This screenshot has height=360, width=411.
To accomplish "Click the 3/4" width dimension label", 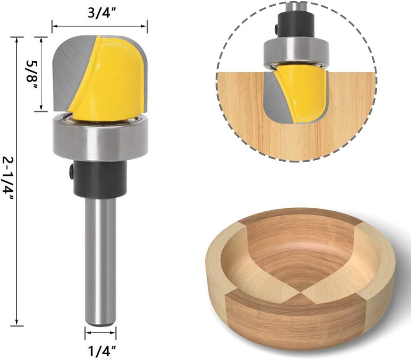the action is [102, 12].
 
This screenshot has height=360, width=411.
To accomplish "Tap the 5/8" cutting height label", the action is [31, 71].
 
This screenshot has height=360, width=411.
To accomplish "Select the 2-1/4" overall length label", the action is [8, 179].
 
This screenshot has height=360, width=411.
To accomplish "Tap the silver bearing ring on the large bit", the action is [101, 139].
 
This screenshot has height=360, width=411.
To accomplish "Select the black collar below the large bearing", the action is [100, 179].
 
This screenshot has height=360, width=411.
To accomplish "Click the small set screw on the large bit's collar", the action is [71, 171].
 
